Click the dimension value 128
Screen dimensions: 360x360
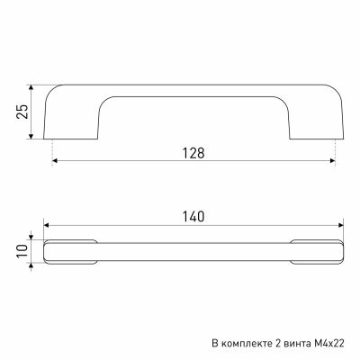pyautogui.click(x=193, y=153)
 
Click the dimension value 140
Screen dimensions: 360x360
pyautogui.click(x=193, y=217)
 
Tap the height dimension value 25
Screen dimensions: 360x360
pyautogui.click(x=22, y=112)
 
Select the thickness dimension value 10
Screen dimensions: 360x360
pyautogui.click(x=22, y=251)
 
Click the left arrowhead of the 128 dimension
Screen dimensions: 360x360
pyautogui.click(x=55, y=161)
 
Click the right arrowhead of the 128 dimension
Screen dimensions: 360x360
pyautogui.click(x=332, y=161)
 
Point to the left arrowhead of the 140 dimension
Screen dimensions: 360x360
pyautogui.click(x=47, y=225)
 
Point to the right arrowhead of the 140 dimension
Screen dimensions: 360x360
pyautogui.click(x=341, y=225)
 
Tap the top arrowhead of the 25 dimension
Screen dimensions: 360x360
pyautogui.click(x=31, y=87)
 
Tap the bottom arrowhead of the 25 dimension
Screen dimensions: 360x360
pyautogui.click(x=31, y=137)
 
